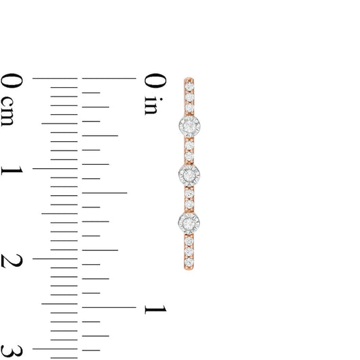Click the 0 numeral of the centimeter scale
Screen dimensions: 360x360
click(11, 80)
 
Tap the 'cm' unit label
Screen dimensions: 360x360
click(7, 111)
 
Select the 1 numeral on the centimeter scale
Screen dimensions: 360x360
click(12, 171)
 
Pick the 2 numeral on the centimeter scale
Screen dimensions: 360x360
click(11, 261)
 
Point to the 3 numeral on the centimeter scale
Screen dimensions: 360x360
click(11, 351)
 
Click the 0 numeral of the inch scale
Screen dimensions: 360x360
click(155, 80)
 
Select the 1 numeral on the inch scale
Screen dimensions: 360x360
click(155, 309)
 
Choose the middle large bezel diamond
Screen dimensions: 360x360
click(189, 175)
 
